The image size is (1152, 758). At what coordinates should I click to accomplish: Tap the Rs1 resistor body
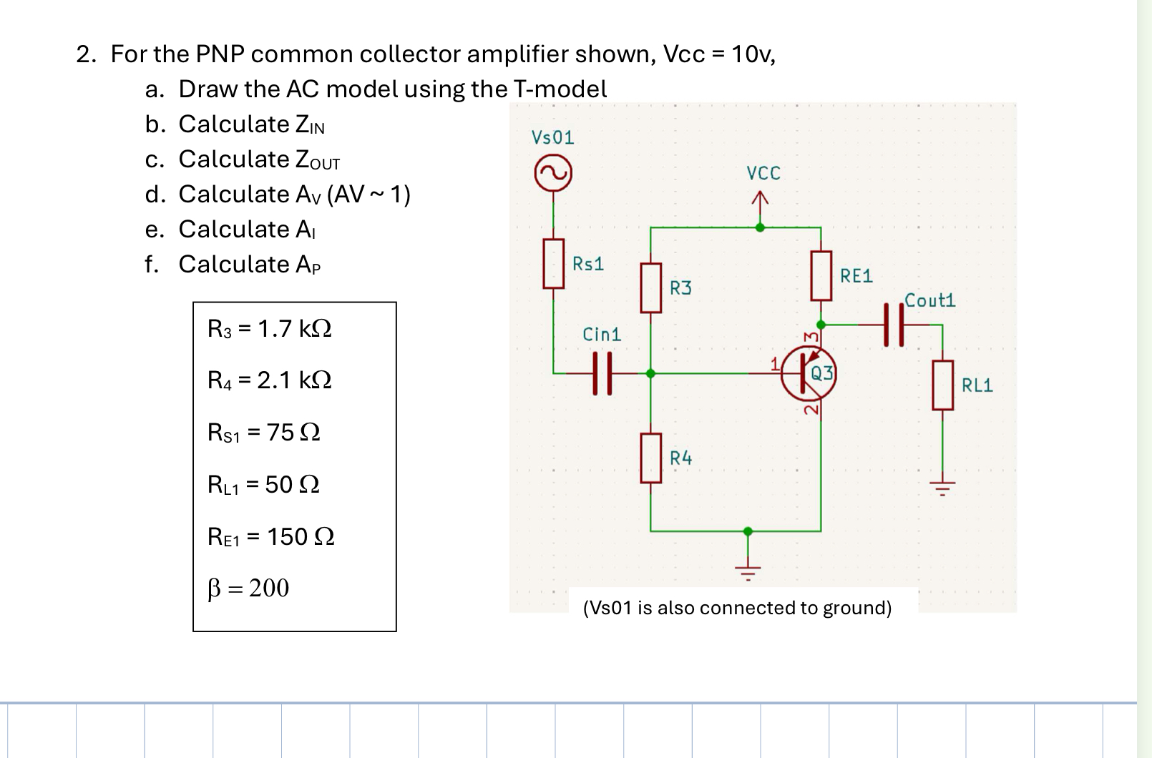pyautogui.click(x=553, y=264)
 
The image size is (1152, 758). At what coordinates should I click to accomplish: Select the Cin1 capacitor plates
pyautogui.click(x=602, y=373)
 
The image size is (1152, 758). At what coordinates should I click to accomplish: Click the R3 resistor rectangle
pyautogui.click(x=650, y=287)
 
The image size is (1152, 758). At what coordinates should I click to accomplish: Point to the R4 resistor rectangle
pyautogui.click(x=650, y=458)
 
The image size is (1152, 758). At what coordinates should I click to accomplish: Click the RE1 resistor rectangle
pyautogui.click(x=821, y=275)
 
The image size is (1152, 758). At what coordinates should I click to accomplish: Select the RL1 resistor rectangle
pyautogui.click(x=942, y=385)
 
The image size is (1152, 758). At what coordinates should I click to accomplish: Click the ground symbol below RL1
pyautogui.click(x=942, y=488)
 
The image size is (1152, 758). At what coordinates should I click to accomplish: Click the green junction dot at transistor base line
pyautogui.click(x=650, y=373)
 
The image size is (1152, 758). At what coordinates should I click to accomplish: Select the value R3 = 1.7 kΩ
pyautogui.click(x=269, y=329)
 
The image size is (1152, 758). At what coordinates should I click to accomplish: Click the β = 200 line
pyautogui.click(x=248, y=588)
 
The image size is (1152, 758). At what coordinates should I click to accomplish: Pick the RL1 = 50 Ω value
pyautogui.click(x=263, y=485)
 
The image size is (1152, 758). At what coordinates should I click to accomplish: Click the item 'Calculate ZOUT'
pyautogui.click(x=258, y=159)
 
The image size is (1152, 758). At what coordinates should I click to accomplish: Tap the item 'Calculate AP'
pyautogui.click(x=249, y=265)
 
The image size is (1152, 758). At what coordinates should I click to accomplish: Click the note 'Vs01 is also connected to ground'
pyautogui.click(x=737, y=608)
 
